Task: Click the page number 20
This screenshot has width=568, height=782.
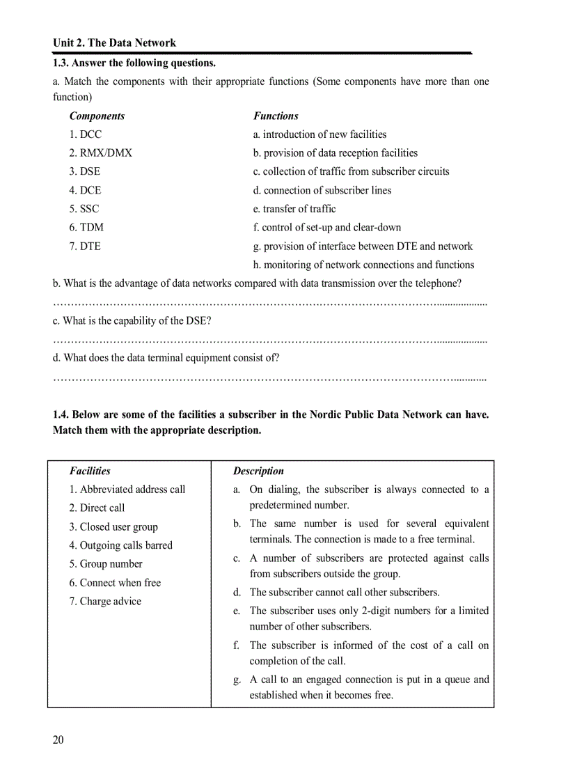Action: coord(58,740)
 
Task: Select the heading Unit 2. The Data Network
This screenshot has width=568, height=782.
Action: coord(114,43)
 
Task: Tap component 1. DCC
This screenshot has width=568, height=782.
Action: coord(85,134)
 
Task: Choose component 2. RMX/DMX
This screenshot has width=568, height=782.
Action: coord(100,153)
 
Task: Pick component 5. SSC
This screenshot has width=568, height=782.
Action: coord(84,208)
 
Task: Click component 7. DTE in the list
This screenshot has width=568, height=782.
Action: coord(85,246)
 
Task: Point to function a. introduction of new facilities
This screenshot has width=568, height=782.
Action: coord(319,134)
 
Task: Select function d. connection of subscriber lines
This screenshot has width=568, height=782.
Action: coord(322,190)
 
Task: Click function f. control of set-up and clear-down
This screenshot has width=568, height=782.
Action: coord(327,227)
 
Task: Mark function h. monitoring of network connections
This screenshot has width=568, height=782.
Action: coord(363,265)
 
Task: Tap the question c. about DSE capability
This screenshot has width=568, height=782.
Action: coord(132,320)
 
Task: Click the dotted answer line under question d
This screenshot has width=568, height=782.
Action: coord(269,378)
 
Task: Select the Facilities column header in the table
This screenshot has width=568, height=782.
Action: coord(90,471)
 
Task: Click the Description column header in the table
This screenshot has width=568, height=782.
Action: coord(258,471)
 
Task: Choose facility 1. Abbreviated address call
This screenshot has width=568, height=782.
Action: coord(127,490)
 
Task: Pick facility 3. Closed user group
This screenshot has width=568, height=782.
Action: coord(113,526)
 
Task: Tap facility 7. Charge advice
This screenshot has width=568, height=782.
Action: coord(105,601)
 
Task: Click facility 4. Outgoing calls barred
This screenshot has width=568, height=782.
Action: coord(120,545)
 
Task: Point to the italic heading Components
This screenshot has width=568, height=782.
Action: coord(97,116)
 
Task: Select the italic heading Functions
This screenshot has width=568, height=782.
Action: coord(276,116)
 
